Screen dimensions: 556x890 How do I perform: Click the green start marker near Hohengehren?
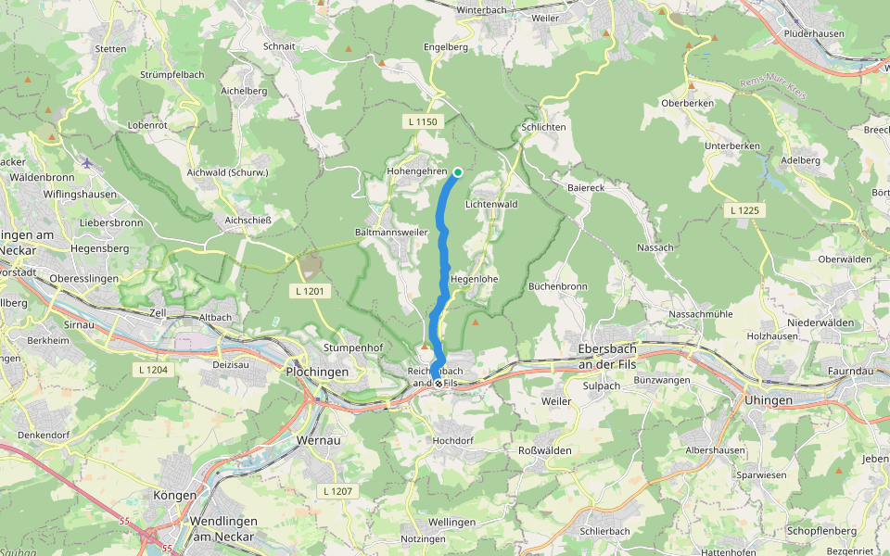coord(458,172)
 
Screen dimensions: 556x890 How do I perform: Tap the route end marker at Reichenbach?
coord(439,382)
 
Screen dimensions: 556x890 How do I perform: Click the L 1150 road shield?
coord(421,121)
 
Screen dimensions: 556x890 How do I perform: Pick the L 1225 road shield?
coord(744,211)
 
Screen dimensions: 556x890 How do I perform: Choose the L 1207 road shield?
coord(339,489)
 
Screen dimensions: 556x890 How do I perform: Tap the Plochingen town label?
coord(317,372)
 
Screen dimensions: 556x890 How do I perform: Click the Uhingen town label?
coord(769,400)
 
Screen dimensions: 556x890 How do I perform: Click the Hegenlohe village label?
coord(475,278)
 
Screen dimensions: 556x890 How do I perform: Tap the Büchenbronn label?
coord(558,286)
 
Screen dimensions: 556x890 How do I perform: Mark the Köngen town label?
coord(175,495)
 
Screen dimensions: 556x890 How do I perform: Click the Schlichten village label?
coord(543,127)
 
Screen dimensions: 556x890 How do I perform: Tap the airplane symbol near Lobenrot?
coord(88,164)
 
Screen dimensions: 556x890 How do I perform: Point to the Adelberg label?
coord(801,159)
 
